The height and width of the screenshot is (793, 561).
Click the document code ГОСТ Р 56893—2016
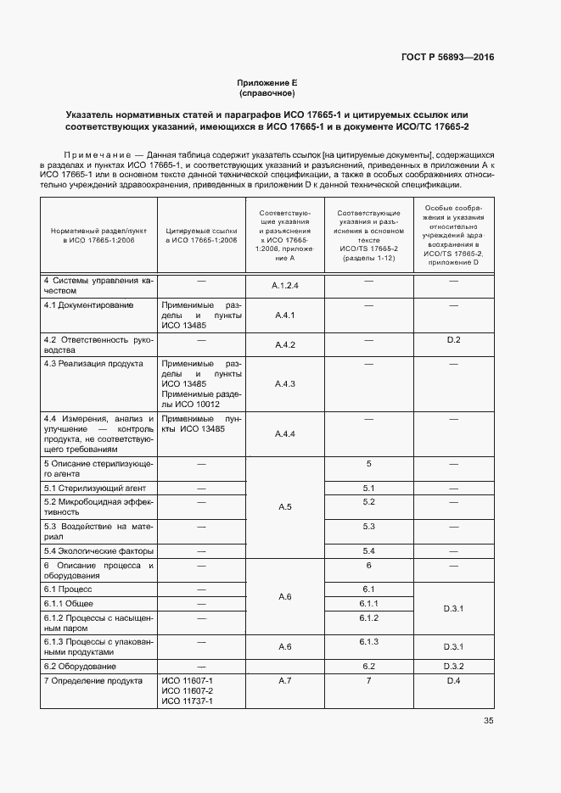pos(447,58)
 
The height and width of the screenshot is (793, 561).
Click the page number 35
pos(488,721)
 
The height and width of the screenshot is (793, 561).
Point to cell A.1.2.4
pos(284,286)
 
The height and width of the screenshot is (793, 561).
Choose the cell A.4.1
pos(284,315)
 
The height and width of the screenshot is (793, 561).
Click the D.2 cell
pos(453,340)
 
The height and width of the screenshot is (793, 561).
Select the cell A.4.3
pos(284,384)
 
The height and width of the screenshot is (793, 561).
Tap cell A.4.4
pos(284,434)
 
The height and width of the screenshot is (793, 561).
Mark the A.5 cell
pos(284,507)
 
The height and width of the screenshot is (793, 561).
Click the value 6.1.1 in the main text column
pos(368,603)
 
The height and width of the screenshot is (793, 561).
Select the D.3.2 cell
pos(453,666)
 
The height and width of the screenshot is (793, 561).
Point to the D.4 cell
pos(453,681)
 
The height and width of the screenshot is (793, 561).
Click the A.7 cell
pos(284,681)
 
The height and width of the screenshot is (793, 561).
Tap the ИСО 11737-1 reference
pos(187,701)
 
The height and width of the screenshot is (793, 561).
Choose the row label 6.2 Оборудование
pos(80,667)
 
